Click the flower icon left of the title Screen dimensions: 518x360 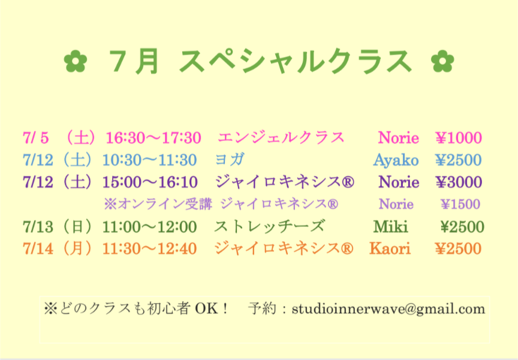(76, 61)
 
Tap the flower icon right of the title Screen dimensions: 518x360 (442, 61)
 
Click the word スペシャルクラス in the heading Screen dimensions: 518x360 (295, 61)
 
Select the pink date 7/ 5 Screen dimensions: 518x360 (36, 138)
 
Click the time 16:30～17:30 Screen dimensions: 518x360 (153, 138)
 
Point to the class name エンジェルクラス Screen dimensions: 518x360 (281, 137)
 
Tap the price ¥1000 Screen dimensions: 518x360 (459, 138)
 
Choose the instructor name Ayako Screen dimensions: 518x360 (396, 160)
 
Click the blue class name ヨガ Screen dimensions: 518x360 (230, 160)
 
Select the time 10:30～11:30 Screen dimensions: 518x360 (150, 160)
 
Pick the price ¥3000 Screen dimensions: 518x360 (459, 182)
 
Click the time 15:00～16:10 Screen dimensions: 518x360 (150, 182)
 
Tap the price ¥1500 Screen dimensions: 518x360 (460, 204)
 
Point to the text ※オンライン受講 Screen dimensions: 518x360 (158, 204)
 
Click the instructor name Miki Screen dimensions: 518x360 (390, 227)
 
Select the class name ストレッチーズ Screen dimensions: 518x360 (270, 226)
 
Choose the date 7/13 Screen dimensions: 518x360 (38, 227)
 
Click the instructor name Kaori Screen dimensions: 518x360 (390, 248)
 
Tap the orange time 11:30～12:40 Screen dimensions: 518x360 (150, 249)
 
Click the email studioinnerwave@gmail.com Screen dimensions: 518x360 (389, 310)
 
